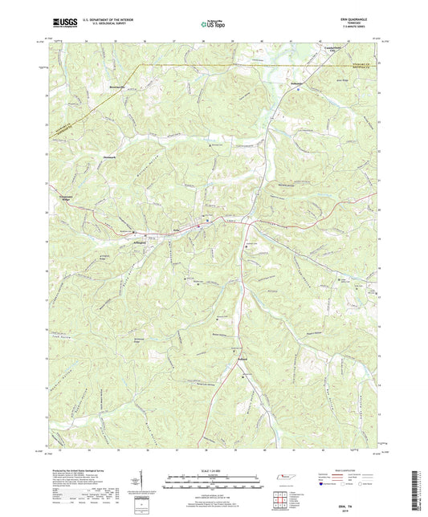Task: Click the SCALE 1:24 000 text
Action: click(213, 472)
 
